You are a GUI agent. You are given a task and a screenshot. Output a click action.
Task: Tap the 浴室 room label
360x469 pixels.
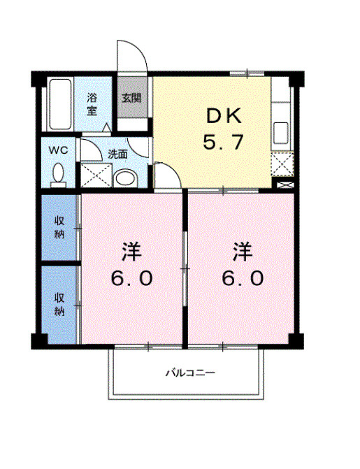click(92, 104)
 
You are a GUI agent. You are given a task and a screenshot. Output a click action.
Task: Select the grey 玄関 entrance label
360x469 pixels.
click(131, 98)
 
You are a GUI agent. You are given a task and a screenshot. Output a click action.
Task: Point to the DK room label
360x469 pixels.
click(224, 116)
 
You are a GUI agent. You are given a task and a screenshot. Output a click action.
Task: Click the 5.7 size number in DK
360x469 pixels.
click(223, 142)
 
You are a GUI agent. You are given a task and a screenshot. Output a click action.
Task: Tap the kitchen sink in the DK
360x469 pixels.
click(281, 133)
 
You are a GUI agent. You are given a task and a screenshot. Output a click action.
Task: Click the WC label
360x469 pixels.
click(58, 150)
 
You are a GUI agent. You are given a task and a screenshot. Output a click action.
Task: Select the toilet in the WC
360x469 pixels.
click(58, 175)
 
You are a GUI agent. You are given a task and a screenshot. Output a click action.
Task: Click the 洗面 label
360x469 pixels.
click(117, 154)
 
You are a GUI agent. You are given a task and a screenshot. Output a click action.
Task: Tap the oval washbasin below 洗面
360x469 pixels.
click(126, 178)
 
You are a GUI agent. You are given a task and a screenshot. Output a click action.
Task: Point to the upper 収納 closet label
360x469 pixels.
click(59, 227)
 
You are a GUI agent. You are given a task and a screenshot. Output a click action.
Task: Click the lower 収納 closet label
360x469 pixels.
click(59, 305)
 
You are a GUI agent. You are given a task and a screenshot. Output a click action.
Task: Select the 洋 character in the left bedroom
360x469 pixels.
click(131, 252)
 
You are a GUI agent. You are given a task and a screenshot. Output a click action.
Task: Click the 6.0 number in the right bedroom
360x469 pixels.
click(243, 278)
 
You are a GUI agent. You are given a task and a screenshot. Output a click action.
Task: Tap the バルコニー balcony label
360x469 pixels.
click(191, 373)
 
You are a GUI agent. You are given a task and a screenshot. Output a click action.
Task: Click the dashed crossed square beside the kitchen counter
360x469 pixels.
click(282, 164)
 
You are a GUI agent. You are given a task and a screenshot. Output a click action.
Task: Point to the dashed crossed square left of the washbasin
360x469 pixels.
click(96, 175)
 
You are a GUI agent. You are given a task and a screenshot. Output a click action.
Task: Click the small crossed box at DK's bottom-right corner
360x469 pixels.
click(285, 185)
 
